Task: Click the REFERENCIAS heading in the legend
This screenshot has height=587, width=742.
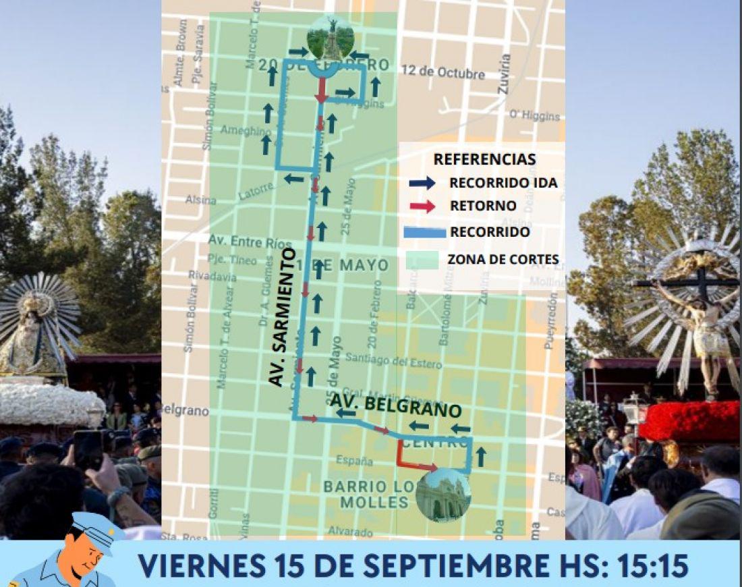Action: point(484,159)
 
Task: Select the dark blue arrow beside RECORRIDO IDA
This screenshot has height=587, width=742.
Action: point(422,182)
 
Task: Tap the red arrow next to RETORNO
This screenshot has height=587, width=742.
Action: point(422,206)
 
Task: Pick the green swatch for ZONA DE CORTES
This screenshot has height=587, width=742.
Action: point(423,258)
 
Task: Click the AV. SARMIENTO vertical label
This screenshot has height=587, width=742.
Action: point(281,317)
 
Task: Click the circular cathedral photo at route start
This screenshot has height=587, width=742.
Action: point(443,496)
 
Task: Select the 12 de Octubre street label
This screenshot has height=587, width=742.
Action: point(443,72)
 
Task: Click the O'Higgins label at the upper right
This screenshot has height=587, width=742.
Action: point(534,115)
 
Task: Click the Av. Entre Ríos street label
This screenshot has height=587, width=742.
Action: point(241,242)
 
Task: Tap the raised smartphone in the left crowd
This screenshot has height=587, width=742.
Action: point(88,448)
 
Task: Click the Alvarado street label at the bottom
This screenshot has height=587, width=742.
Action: point(351,532)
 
